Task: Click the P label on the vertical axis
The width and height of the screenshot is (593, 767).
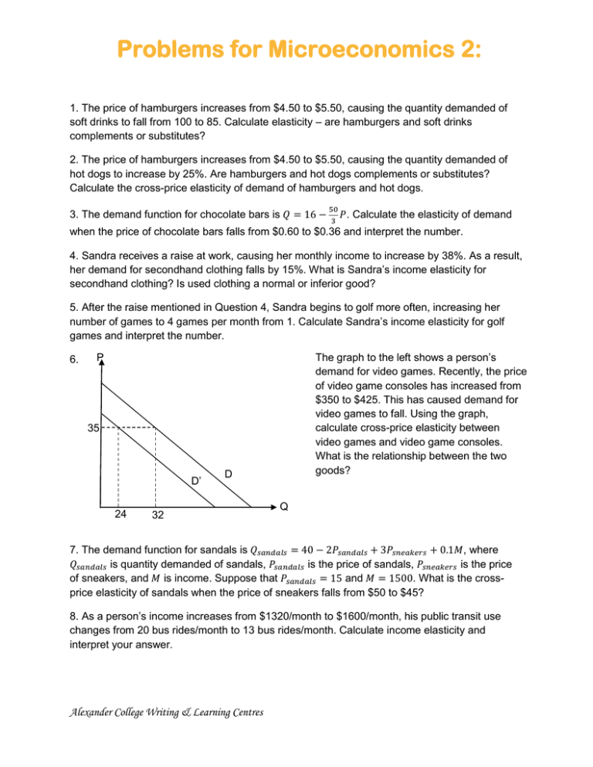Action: coord(100,357)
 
